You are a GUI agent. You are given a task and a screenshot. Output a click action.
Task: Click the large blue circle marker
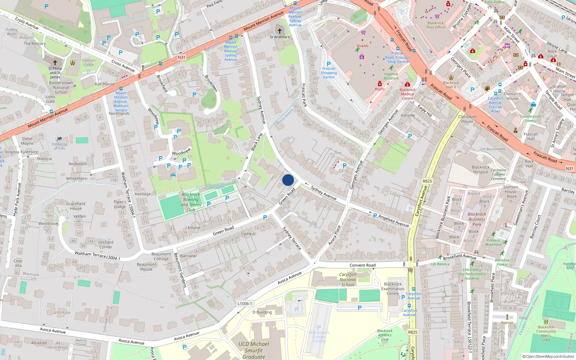pyautogui.click(x=288, y=180)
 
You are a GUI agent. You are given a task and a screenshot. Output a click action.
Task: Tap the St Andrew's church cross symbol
pyautogui.click(x=279, y=31)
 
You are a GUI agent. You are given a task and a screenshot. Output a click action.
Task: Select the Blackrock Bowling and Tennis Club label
pyautogui.click(x=191, y=202)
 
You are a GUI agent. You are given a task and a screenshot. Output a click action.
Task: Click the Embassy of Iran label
pyautogui.click(x=59, y=146)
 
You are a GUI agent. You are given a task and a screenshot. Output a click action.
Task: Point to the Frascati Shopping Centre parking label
pyautogui.click(x=329, y=73)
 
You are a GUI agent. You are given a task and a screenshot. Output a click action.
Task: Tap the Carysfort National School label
pyautogui.click(x=348, y=279)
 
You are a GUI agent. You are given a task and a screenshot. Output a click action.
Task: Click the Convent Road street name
pyautogui.click(x=363, y=265)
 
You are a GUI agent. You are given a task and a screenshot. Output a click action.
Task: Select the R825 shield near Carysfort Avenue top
pyautogui.click(x=427, y=181)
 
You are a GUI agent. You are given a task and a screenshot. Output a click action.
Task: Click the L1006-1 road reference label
pyautogui.click(x=245, y=303)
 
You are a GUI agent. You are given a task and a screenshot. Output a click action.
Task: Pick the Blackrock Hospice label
pyautogui.click(x=481, y=170)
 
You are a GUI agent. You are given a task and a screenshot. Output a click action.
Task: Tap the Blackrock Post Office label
pyautogui.click(x=436, y=25)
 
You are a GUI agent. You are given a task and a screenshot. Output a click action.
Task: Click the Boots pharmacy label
pyautogui.click(x=379, y=89)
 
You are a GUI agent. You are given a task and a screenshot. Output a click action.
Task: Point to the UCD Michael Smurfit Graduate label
pyautogui.click(x=253, y=350)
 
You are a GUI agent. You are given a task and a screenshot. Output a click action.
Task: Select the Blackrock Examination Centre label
pyautogui.click(x=393, y=289)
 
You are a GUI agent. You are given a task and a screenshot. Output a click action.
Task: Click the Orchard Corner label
pyautogui.click(x=105, y=244)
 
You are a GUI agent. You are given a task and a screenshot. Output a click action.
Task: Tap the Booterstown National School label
pyautogui.click(x=61, y=87)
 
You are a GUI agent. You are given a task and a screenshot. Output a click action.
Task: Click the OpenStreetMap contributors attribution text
pyautogui.click(x=548, y=356)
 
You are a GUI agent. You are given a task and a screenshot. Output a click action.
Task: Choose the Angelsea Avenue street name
pyautogui.click(x=393, y=220)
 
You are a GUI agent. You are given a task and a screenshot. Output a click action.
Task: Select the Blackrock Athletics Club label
pyautogui.click(x=385, y=335)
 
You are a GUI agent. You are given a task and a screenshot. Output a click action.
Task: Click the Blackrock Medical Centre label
pyautogui.click(x=408, y=94)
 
